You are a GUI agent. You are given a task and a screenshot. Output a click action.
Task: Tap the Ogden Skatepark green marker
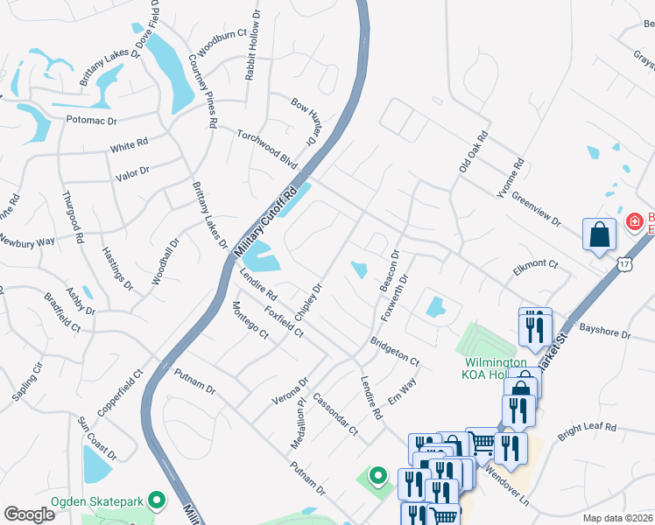pyautogui.click(x=157, y=500)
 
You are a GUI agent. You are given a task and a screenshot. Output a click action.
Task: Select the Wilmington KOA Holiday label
pyautogui.click(x=495, y=368)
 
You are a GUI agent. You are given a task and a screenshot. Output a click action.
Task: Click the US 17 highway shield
pyautogui.click(x=623, y=262)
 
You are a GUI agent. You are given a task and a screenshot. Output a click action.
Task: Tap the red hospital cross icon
pyautogui.click(x=635, y=222)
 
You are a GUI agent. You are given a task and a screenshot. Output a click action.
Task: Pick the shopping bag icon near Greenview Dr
pyautogui.click(x=600, y=234)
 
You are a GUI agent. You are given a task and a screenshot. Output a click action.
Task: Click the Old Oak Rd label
pyautogui.click(x=473, y=150)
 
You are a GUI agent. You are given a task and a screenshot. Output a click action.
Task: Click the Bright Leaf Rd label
pyautogui.click(x=587, y=428)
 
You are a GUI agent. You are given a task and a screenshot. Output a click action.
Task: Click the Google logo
pyautogui.click(x=29, y=514)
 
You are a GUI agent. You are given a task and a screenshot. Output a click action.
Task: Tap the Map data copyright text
pyautogui.click(x=617, y=518)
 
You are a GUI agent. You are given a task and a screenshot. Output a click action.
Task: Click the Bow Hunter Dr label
pyautogui.click(x=303, y=122)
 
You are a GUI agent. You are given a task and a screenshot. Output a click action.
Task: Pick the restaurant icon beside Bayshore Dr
pyautogui.click(x=535, y=327)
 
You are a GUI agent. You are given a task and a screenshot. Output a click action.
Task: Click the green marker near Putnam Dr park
pyautogui.click(x=378, y=476)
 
